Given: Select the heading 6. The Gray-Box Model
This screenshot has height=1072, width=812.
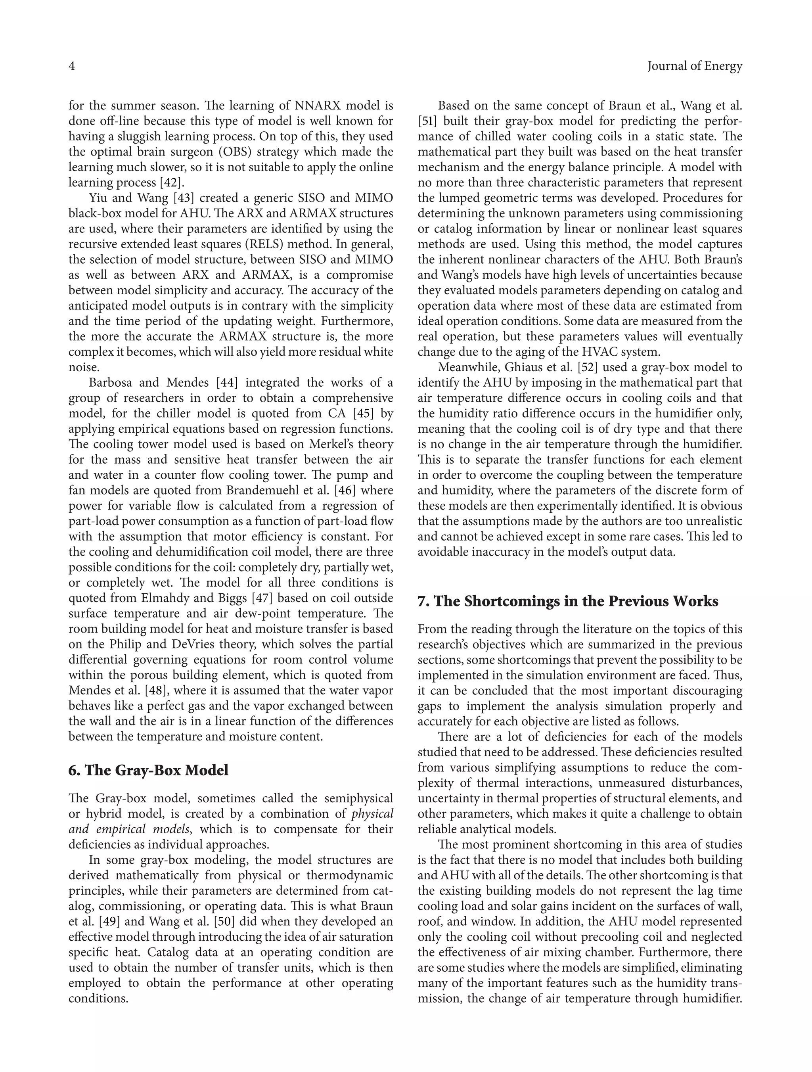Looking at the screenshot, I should [x=148, y=770].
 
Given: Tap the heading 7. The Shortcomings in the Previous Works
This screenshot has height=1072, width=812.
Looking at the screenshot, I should [x=568, y=601].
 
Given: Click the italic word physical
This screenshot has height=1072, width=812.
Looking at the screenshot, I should [x=372, y=814].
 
